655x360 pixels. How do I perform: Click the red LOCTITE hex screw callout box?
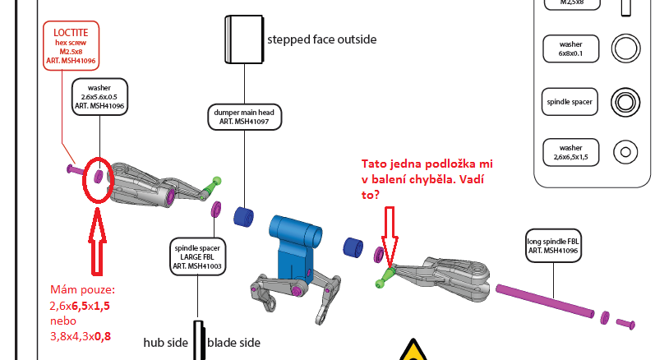pyautogui.click(x=71, y=46)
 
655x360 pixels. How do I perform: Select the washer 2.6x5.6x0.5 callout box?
pyautogui.click(x=99, y=96)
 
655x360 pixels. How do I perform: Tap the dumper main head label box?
pyautogui.click(x=244, y=117)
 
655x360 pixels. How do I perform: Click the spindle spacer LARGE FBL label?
pyautogui.click(x=197, y=256)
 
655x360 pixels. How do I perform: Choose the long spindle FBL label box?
pyautogui.click(x=553, y=246)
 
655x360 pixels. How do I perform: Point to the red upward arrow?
pyautogui.click(x=97, y=242)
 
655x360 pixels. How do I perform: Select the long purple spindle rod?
pyautogui.click(x=545, y=301)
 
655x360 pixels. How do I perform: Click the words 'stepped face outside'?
pyautogui.click(x=321, y=39)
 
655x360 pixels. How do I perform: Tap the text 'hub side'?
pyautogui.click(x=165, y=343)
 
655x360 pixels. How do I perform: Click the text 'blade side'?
pyautogui.click(x=233, y=343)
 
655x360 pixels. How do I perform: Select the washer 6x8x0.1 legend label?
pyautogui.click(x=570, y=48)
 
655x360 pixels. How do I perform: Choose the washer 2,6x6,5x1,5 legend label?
pyautogui.click(x=570, y=152)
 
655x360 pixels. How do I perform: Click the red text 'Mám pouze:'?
pyautogui.click(x=82, y=289)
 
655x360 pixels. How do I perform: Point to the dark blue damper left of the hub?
pyautogui.click(x=243, y=217)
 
